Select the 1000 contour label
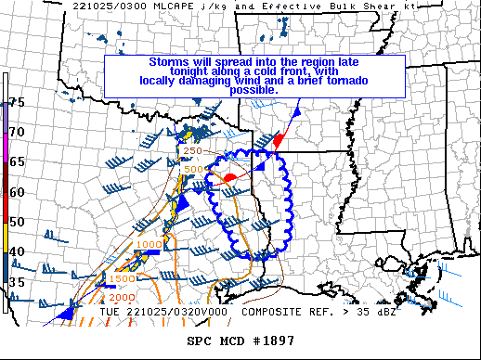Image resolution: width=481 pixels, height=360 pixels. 149,245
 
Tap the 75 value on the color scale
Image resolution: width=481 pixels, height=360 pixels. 17,102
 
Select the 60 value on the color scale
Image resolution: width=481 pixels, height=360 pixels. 17,192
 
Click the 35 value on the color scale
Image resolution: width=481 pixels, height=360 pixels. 17,282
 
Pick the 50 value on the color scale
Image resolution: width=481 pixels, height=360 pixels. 17,222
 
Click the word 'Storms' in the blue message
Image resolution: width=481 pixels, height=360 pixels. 169,62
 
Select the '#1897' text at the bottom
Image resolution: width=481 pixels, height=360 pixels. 273,341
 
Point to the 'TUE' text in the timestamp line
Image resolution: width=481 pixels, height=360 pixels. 112,312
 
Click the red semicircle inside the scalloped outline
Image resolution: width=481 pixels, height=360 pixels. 231,176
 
